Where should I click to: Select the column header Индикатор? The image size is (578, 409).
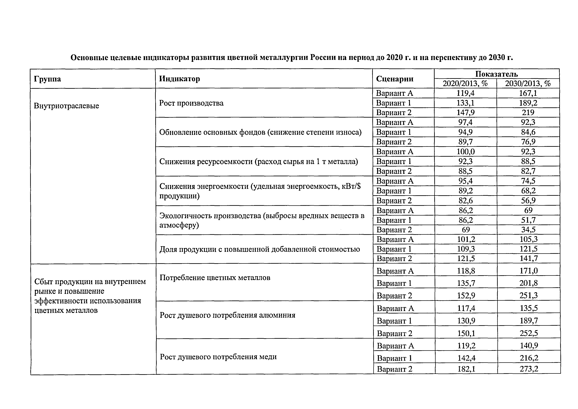(179, 79)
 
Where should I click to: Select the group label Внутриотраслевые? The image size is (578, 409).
(66, 106)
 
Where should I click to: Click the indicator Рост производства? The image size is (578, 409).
(191, 103)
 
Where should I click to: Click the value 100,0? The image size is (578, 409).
(465, 152)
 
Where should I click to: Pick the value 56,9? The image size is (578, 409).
(528, 201)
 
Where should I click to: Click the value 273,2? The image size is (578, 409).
(529, 369)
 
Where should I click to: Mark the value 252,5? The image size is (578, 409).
(529, 333)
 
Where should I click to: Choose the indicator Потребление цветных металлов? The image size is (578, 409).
(215, 278)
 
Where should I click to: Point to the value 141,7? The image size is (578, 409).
(528, 258)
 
